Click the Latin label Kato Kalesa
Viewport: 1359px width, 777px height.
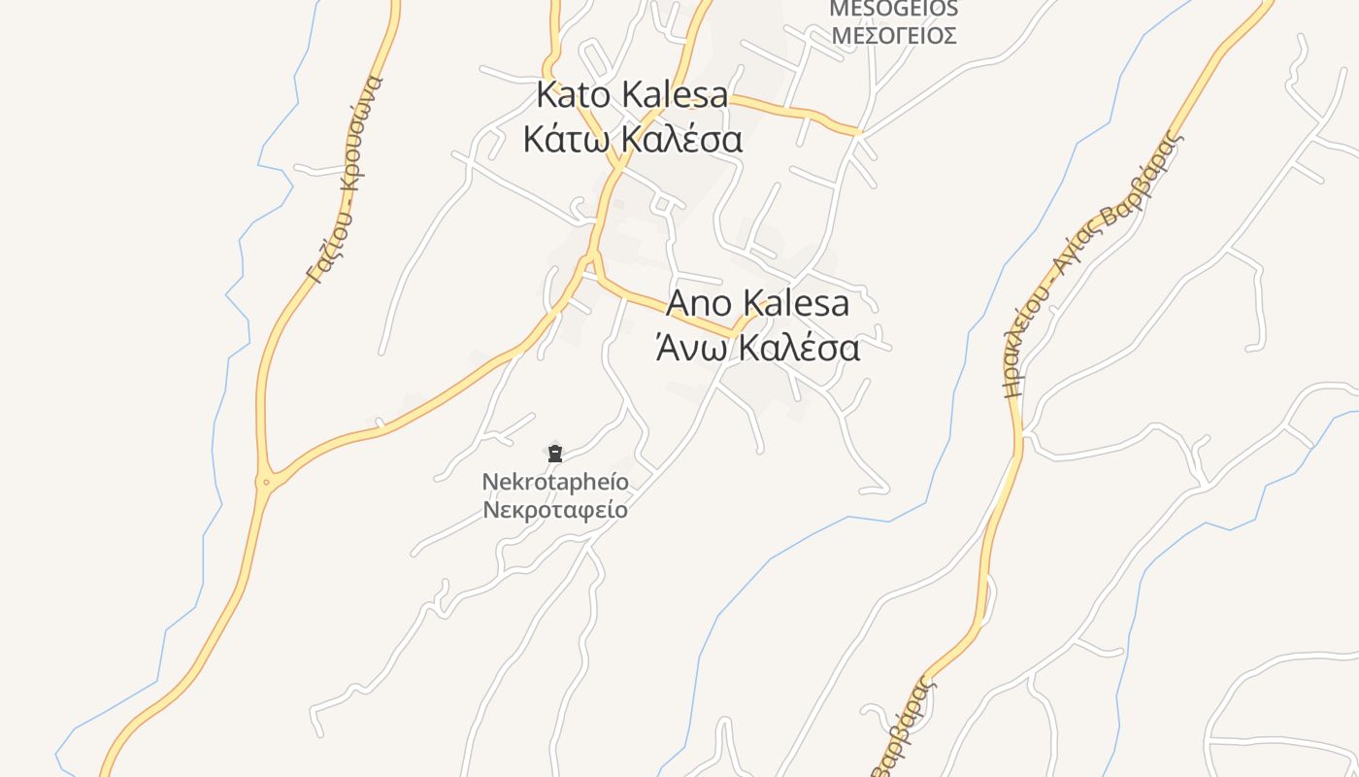(632, 95)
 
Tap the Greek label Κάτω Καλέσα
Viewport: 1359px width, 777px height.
(632, 139)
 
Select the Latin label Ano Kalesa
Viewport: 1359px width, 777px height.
(758, 303)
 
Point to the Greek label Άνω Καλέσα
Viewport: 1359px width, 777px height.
(758, 347)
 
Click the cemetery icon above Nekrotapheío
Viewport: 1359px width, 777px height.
(555, 453)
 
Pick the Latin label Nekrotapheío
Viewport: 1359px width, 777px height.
(555, 482)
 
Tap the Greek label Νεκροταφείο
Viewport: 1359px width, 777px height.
(555, 510)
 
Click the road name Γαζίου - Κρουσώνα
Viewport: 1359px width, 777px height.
(346, 179)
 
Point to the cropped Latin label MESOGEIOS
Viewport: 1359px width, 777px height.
(893, 10)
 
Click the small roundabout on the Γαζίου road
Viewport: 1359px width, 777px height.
(266, 481)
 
